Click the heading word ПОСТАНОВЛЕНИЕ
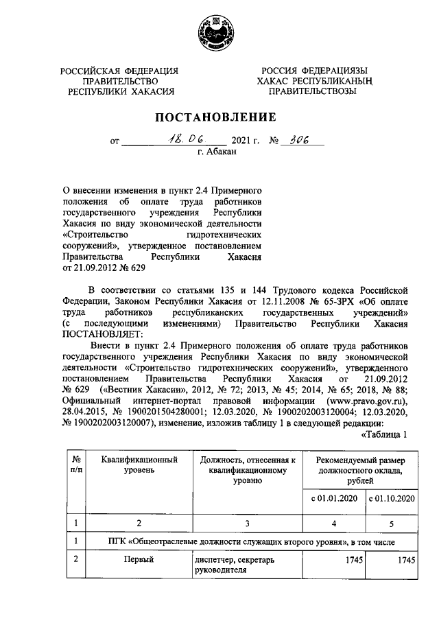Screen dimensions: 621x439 coord(219,117)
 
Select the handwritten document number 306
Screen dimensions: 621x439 coord(297,140)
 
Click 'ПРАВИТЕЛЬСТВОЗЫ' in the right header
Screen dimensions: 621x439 coord(313,90)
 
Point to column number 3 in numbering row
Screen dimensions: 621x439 coord(246,524)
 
